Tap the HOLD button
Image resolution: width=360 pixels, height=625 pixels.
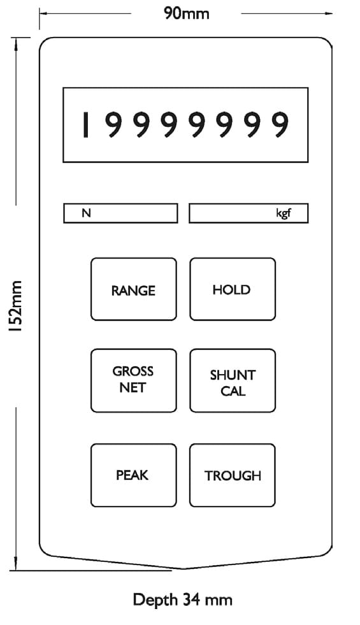pyautogui.click(x=233, y=289)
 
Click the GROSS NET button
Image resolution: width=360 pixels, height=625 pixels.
pyautogui.click(x=134, y=380)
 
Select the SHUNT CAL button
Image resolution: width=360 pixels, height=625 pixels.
pyautogui.click(x=233, y=380)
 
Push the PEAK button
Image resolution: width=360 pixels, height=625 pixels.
pyautogui.click(x=134, y=475)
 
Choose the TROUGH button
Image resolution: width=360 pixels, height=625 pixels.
pyautogui.click(x=233, y=475)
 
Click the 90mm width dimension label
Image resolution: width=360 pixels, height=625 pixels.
pyautogui.click(x=187, y=13)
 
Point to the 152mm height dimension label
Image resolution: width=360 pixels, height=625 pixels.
pyautogui.click(x=17, y=306)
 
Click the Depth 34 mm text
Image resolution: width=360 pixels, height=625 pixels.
pyautogui.click(x=183, y=600)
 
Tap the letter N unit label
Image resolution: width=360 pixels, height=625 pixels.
pyautogui.click(x=86, y=213)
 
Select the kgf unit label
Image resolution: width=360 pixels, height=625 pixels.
pyautogui.click(x=284, y=213)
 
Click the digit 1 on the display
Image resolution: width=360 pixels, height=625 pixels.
pyautogui.click(x=85, y=125)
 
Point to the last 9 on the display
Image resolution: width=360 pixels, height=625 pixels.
pyautogui.click(x=279, y=125)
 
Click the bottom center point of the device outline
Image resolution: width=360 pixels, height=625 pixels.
pyautogui.click(x=183, y=569)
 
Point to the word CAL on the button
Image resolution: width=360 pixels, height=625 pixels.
pyautogui.click(x=233, y=391)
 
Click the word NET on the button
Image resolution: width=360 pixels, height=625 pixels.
pyautogui.click(x=133, y=387)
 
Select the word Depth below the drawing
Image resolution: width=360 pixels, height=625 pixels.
pyautogui.click(x=155, y=600)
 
